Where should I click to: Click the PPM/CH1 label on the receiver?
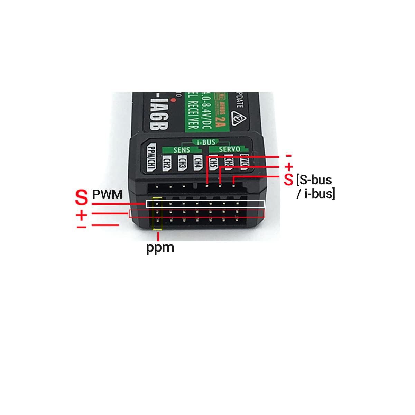(x=151, y=157)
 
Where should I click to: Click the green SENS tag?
(x=182, y=150)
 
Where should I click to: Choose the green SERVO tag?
(x=229, y=149)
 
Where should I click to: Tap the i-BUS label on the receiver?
(x=206, y=142)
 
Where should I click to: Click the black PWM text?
(x=107, y=194)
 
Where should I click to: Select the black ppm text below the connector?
(x=160, y=248)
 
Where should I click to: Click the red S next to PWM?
(x=82, y=197)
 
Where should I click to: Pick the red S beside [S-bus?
(x=288, y=180)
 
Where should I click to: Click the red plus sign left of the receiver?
(x=82, y=215)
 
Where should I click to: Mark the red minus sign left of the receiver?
(x=82, y=227)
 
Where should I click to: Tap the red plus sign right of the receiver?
(x=288, y=167)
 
